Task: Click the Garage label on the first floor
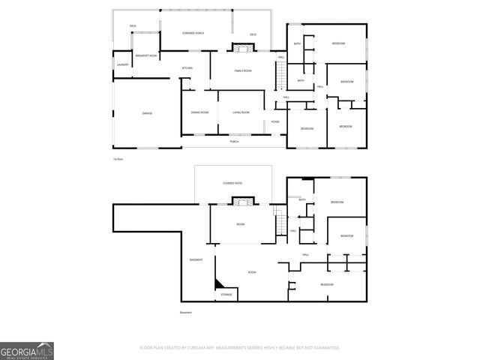(147, 113)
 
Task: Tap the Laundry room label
(122, 64)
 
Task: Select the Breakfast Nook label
(145, 56)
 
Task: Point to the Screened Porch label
(193, 34)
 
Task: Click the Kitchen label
(187, 68)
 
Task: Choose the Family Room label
(242, 70)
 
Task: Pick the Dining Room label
(199, 112)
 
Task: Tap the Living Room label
(241, 112)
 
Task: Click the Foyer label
(275, 121)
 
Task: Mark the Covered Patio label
(233, 183)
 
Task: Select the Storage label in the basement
(226, 295)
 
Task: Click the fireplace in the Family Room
(241, 49)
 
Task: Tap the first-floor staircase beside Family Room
(280, 75)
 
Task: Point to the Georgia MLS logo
(27, 350)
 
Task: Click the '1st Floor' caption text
(117, 159)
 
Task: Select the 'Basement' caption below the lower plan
(185, 312)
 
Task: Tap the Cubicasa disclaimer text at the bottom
(240, 348)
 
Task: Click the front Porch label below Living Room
(234, 141)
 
